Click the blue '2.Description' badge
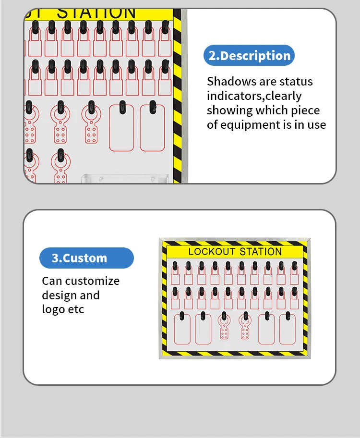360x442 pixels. (249, 55)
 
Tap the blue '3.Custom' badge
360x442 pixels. (86, 258)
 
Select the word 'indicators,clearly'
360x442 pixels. (254, 96)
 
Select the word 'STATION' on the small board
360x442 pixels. (261, 251)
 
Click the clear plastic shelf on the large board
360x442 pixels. (125, 179)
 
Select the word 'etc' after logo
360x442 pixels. (76, 310)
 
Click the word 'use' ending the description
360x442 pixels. (317, 125)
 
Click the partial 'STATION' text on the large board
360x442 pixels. (96, 13)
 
